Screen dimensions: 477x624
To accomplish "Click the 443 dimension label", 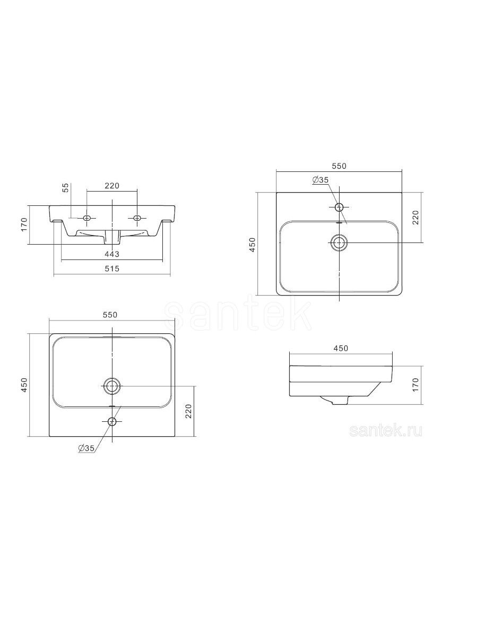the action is (x=112, y=254).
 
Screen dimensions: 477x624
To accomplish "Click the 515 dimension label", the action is (x=112, y=268).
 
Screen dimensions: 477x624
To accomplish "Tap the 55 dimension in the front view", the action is (x=66, y=188).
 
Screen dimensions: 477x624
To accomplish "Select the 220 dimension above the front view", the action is (x=112, y=186).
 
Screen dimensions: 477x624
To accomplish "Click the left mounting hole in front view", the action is (x=87, y=218).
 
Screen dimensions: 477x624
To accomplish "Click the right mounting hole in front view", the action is (x=137, y=218).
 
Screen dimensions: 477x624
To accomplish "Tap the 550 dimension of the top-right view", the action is (x=340, y=167).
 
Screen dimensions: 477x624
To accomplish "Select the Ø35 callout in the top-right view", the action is (x=320, y=180).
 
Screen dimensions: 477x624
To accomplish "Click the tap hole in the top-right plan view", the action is (x=339, y=207).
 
